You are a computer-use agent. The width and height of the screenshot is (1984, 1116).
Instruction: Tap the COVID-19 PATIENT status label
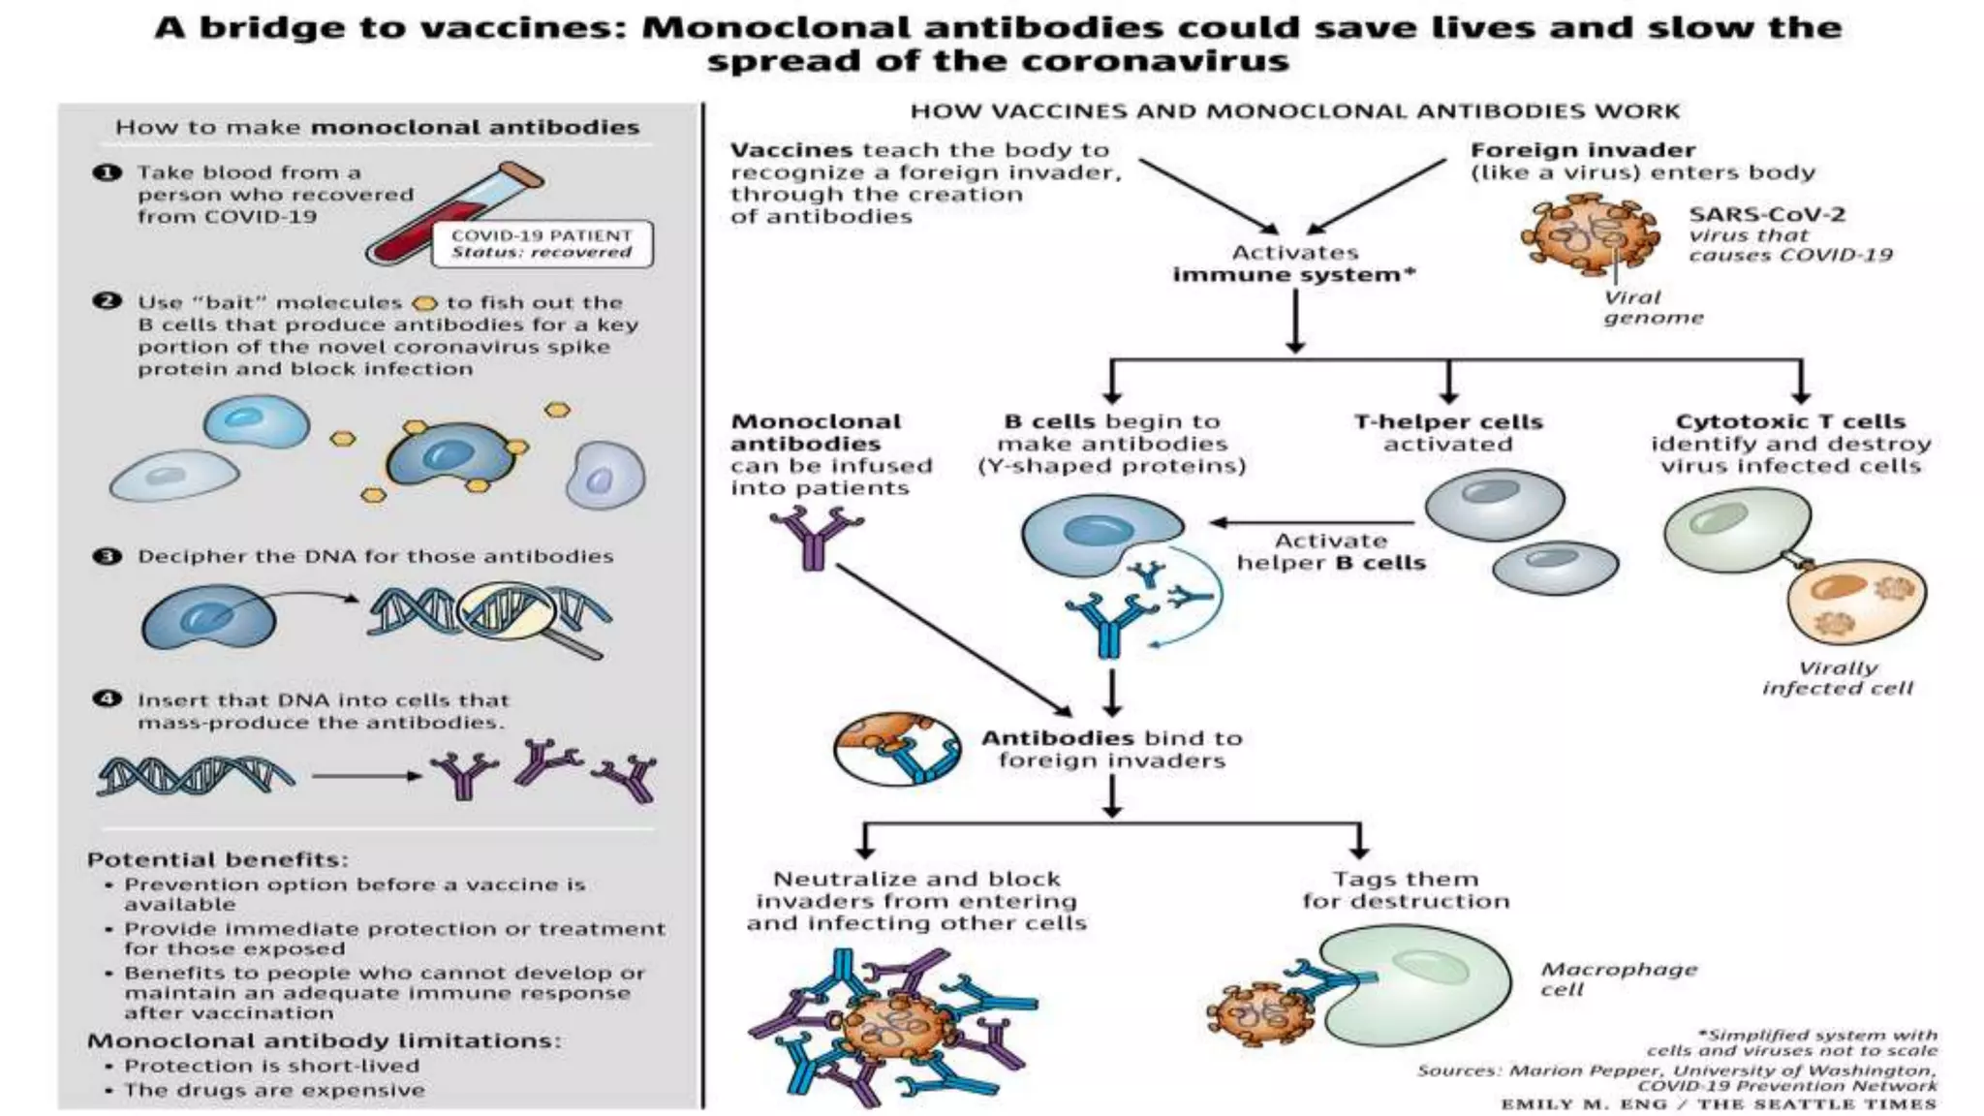coord(542,244)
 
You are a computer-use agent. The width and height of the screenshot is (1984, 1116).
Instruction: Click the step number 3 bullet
coord(107,556)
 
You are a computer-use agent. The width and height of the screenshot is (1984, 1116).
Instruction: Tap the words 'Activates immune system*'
coord(1294,263)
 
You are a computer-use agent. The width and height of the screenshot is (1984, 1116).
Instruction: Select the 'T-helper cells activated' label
coord(1447,433)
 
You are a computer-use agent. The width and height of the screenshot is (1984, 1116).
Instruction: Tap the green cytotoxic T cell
coord(1736,528)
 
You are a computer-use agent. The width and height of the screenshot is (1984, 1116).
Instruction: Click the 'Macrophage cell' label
coord(1617,978)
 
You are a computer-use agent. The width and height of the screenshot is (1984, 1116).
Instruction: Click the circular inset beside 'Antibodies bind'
coord(897,749)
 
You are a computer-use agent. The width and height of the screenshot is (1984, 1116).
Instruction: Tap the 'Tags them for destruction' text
coord(1406,890)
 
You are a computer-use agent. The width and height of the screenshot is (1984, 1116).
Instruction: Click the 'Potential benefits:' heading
coord(217,859)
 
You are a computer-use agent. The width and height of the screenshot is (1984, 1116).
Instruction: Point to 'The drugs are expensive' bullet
coord(274,1090)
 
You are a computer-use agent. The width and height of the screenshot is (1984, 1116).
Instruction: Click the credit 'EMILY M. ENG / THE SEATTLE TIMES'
coord(1718,1103)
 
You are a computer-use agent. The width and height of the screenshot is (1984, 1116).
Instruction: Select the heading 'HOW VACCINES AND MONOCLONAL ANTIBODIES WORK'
coord(1294,111)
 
